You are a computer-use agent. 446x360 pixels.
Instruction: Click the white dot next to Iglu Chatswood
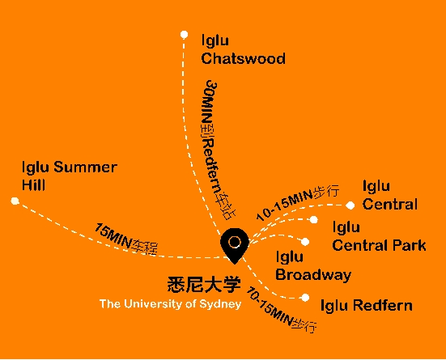tap(184, 35)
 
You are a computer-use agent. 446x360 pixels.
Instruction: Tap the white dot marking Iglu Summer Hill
tap(15, 201)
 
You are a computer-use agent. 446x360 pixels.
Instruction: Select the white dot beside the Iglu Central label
tap(350, 205)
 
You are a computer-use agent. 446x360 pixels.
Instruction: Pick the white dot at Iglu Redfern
tap(305, 298)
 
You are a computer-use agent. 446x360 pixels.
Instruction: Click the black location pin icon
tap(235, 245)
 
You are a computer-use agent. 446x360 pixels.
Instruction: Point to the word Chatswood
tap(243, 58)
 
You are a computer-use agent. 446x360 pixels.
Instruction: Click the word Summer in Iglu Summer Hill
tap(85, 167)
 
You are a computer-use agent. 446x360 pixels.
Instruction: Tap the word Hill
tap(33, 185)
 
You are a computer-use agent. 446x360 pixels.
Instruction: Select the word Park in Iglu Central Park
tap(409, 245)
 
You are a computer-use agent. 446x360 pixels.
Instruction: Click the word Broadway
tap(313, 275)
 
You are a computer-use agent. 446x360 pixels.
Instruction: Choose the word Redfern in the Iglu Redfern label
tap(384, 306)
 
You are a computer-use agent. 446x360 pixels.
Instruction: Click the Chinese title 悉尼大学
tap(204, 284)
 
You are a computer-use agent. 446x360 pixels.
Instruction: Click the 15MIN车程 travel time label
tap(125, 239)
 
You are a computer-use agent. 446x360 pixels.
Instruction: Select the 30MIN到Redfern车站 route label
tap(219, 150)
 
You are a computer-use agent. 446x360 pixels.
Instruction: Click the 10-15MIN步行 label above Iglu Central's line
tap(298, 202)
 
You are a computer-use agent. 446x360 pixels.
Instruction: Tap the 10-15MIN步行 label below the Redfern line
tap(281, 310)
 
